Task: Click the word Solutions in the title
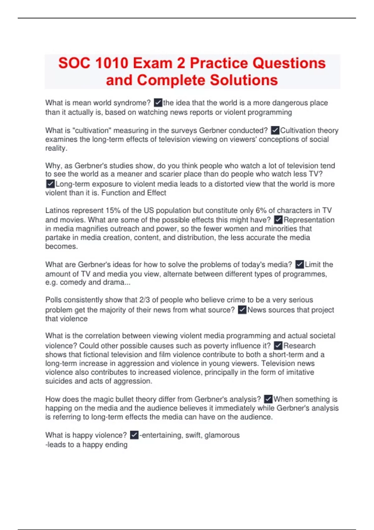(x=243, y=80)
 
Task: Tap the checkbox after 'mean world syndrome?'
(x=158, y=103)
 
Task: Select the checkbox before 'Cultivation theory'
(x=275, y=130)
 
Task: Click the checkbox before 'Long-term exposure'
(x=50, y=184)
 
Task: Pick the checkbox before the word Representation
(x=278, y=220)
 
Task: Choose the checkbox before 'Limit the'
(x=300, y=264)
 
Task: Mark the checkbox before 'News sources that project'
(x=242, y=310)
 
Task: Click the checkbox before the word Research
(x=278, y=346)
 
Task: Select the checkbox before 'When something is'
(x=268, y=399)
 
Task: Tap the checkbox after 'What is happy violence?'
(x=134, y=435)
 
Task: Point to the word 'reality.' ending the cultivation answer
(x=56, y=148)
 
